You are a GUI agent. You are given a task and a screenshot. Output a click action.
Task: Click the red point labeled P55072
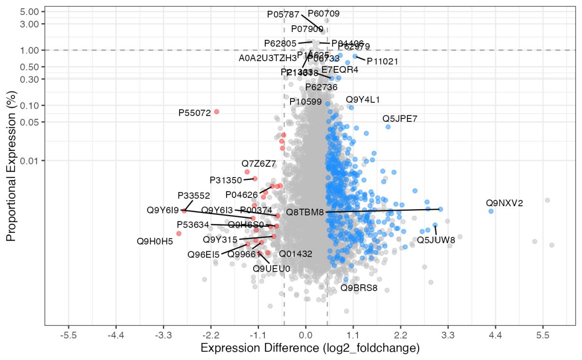(x=216, y=112)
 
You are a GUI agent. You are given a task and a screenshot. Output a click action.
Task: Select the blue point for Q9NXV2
(x=491, y=211)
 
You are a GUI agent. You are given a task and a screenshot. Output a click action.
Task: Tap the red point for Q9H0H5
(x=178, y=233)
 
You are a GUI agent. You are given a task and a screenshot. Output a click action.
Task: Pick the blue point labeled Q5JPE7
(x=388, y=127)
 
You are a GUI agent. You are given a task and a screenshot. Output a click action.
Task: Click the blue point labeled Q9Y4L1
(x=351, y=107)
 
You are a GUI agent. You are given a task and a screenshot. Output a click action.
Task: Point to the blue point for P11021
(x=355, y=56)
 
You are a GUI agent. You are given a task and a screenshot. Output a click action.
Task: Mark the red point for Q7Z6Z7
(x=247, y=172)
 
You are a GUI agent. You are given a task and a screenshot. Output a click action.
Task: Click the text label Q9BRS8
(x=358, y=288)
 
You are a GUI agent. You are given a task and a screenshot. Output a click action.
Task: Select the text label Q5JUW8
(x=436, y=240)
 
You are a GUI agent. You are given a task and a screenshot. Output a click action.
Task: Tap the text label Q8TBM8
(x=305, y=212)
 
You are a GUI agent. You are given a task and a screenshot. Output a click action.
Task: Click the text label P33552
(x=194, y=196)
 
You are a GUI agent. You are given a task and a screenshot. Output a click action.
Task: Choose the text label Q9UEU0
(x=272, y=268)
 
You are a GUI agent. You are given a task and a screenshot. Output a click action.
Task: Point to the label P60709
(x=323, y=14)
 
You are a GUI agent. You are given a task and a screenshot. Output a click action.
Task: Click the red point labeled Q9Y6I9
(x=184, y=211)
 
